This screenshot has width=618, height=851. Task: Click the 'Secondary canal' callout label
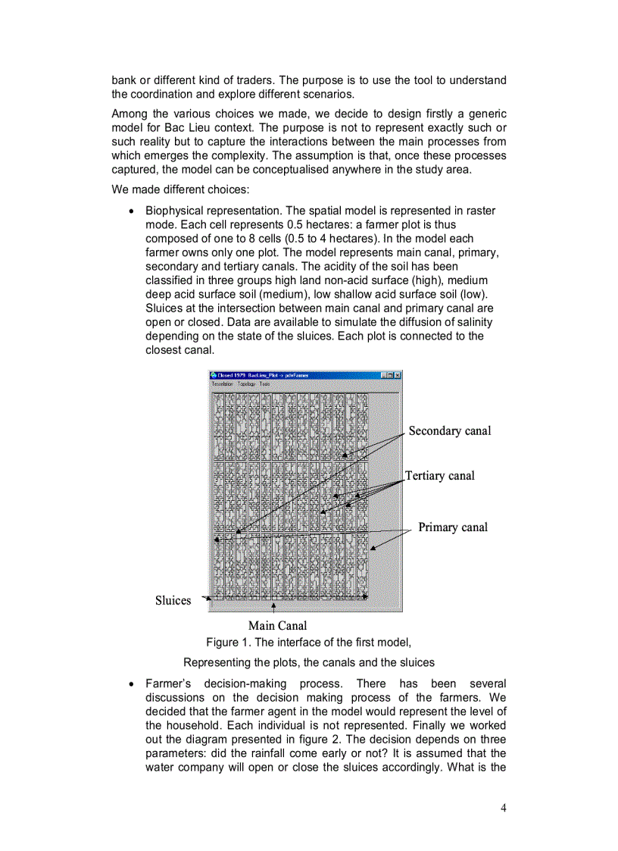click(x=450, y=431)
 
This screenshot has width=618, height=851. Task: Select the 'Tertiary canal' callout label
click(x=440, y=476)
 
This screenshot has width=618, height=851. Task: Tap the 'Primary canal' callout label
click(x=453, y=527)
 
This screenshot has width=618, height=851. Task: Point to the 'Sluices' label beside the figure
click(x=173, y=600)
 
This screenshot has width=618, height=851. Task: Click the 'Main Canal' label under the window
click(x=277, y=625)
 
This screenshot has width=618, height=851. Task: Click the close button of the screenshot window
click(x=398, y=375)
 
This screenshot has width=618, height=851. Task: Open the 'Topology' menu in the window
click(x=246, y=384)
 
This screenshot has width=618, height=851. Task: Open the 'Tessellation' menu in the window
click(x=222, y=384)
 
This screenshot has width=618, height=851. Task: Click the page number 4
click(x=504, y=807)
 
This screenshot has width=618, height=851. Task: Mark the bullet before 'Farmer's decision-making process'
click(x=133, y=684)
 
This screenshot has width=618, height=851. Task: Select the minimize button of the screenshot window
click(x=385, y=375)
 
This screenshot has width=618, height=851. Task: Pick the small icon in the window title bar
click(x=213, y=375)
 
